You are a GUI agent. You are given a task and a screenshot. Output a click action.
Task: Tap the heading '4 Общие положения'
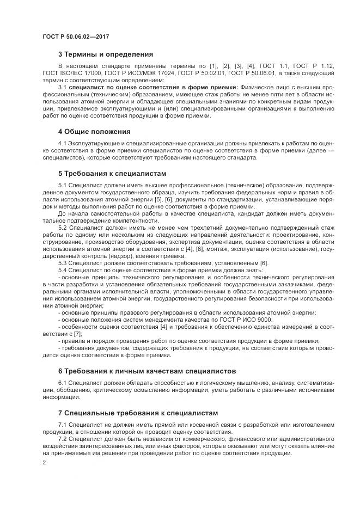94,131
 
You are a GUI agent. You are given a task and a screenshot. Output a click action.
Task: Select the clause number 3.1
62,87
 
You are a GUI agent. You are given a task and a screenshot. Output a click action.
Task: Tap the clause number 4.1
62,143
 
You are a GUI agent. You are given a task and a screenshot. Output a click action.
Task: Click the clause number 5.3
62,263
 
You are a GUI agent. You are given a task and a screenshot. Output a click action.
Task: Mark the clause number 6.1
62,383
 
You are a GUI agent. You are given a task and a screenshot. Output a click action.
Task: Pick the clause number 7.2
62,438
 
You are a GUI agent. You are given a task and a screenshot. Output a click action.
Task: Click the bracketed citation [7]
77,334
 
